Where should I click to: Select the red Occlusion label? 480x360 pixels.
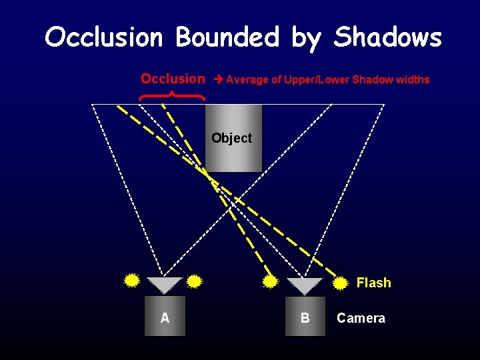coord(173,79)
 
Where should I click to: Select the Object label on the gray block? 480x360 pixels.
coord(231,138)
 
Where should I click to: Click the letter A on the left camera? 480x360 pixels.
coord(165,318)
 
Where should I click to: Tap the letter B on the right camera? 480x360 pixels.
coord(305,318)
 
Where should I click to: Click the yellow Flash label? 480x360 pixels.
coord(373,283)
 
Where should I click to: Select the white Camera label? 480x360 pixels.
coord(361,318)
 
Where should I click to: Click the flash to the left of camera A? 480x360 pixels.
coord(132,280)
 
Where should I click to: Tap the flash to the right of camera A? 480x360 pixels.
coord(194,281)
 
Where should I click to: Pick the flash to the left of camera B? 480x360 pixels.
coord(270,282)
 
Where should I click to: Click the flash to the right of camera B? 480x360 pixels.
coord(340,283)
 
